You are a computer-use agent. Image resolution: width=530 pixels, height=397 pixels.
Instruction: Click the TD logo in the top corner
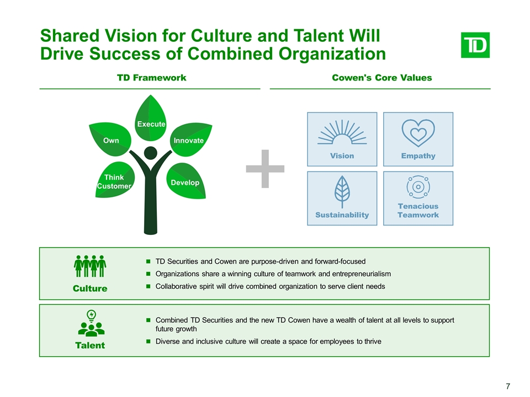tap(475, 45)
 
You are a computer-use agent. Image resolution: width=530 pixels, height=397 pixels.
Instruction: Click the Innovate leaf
tap(188, 140)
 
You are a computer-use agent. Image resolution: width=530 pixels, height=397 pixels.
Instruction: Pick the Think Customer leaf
tap(114, 181)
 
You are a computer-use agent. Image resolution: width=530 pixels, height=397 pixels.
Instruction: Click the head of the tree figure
tap(150, 153)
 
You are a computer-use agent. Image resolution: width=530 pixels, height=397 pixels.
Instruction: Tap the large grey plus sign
tap(266, 168)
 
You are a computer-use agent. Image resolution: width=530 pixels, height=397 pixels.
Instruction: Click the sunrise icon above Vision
tap(342, 132)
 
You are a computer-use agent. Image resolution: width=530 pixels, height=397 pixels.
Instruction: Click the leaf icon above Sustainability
tap(342, 191)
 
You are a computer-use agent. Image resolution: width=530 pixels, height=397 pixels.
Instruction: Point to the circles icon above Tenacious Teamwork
tap(418, 187)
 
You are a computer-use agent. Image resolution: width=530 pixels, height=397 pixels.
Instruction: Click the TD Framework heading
tap(152, 78)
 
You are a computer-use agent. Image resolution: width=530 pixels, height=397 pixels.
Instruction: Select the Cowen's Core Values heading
tap(382, 78)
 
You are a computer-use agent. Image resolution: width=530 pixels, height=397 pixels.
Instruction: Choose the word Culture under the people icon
tap(91, 288)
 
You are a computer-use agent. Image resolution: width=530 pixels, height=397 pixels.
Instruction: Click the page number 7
tap(507, 385)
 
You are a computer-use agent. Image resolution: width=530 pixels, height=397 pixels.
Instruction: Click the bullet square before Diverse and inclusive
tap(149, 341)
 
